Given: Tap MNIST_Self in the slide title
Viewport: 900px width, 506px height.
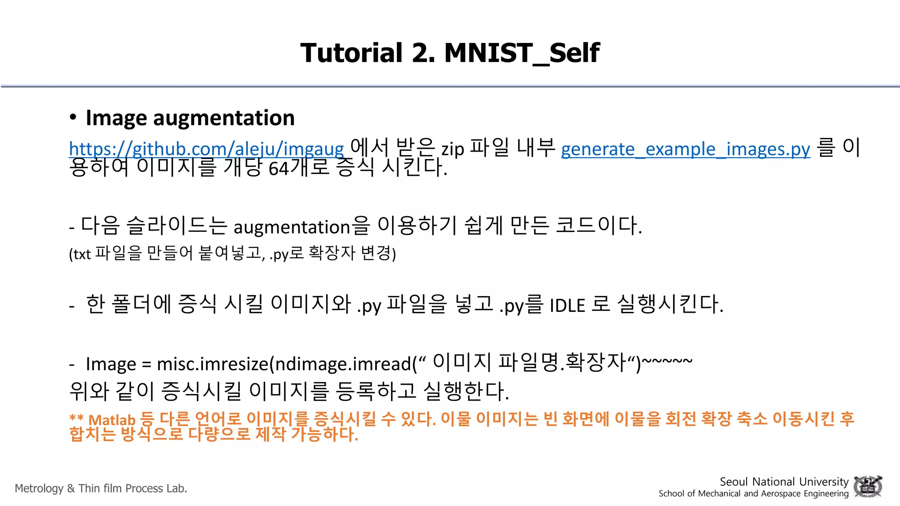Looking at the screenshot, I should [522, 53].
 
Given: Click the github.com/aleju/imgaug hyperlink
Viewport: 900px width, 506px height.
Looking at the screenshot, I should [207, 149].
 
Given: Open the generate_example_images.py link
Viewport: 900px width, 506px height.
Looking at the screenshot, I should [685, 149].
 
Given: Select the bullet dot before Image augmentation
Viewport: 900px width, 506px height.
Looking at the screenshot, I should [73, 117].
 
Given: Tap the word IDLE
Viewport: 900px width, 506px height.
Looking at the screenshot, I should [567, 305].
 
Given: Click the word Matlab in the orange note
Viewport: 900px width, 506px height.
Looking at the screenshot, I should [112, 420].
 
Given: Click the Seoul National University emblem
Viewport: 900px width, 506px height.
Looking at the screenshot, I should [867, 486].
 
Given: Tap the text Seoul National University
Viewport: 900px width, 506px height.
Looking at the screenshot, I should [784, 482].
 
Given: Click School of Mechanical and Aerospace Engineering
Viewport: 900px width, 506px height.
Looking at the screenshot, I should [753, 494].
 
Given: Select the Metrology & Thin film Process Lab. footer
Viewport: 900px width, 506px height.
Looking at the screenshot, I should [101, 488].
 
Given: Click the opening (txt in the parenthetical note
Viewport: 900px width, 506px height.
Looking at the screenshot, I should [80, 254].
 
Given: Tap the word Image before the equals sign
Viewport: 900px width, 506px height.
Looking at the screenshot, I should [111, 364].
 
